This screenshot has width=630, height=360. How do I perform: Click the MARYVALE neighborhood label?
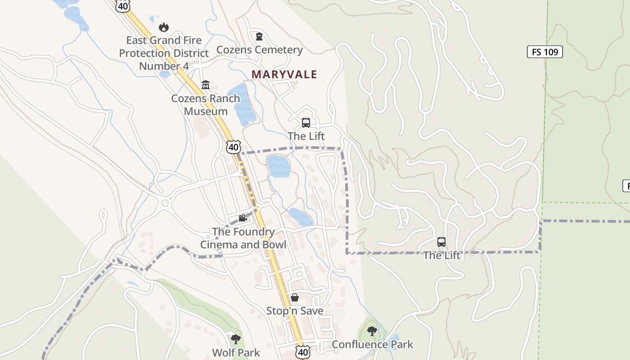284,74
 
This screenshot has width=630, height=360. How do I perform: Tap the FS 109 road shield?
544,52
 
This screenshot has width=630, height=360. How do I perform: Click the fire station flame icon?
164,27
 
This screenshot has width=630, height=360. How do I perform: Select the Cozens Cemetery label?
259,49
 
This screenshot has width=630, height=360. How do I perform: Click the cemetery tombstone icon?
259,36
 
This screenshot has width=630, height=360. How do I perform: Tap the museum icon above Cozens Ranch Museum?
206,85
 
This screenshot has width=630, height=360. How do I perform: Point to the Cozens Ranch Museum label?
206,104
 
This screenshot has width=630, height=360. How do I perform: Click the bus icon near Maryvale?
306,123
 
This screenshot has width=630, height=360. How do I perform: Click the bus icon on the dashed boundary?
441,242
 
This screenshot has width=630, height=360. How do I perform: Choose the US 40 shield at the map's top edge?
122,5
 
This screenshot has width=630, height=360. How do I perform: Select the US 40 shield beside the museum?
234,147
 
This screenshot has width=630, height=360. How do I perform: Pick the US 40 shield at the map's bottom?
303,352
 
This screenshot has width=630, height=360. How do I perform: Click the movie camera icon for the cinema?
243,218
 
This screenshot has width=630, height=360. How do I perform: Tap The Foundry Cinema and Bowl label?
243,238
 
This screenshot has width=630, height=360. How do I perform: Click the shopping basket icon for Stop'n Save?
295,297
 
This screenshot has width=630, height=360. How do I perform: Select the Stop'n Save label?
294,311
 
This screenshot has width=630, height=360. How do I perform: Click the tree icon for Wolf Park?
236,339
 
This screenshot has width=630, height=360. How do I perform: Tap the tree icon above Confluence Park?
372,332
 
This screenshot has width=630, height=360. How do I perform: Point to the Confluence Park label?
372,345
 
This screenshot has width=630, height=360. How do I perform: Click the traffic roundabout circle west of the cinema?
165,203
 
